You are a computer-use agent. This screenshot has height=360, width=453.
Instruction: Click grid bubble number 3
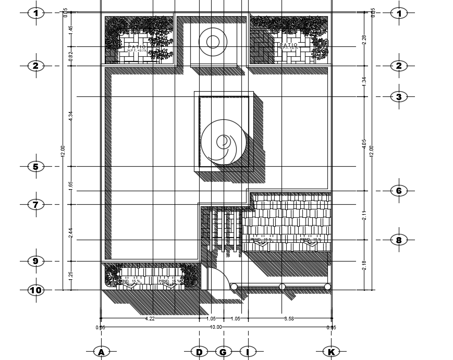(399, 97)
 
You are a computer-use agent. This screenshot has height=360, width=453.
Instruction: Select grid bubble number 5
(35, 167)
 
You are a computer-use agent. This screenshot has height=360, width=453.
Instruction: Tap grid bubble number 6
(399, 191)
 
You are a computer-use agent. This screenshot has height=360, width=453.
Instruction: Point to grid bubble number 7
(35, 205)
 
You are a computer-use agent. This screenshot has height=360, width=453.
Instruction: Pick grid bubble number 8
(399, 240)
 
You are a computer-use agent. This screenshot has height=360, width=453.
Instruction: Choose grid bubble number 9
(35, 261)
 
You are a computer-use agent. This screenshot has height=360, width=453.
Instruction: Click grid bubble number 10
(35, 290)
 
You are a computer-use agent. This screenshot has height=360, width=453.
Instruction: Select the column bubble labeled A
(102, 352)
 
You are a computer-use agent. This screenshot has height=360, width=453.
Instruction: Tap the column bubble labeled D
(199, 352)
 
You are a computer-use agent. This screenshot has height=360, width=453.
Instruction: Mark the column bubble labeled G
(223, 352)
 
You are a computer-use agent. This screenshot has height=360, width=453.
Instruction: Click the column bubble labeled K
(331, 352)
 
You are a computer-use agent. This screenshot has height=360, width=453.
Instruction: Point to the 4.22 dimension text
(150, 318)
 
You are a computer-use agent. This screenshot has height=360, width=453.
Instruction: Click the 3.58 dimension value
(289, 318)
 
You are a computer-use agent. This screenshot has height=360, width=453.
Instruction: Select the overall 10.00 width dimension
(216, 327)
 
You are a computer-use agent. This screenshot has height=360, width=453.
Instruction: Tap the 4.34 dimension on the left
(70, 117)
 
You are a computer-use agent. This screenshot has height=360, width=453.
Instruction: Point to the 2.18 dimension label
(364, 265)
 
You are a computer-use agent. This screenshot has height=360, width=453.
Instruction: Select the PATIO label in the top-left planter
(137, 46)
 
